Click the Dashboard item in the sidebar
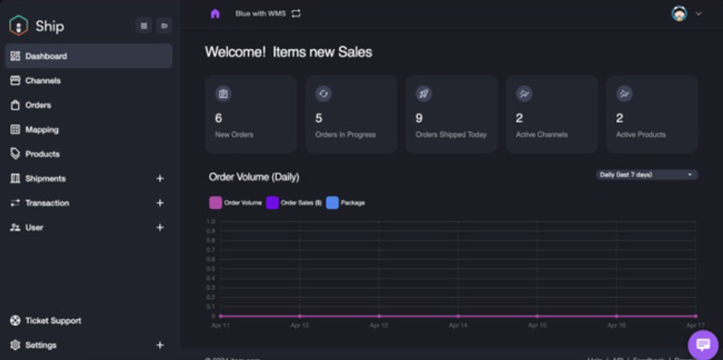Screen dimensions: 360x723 (46, 56)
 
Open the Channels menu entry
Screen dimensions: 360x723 (43, 81)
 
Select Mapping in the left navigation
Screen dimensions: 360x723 (41, 130)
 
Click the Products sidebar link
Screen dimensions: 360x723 (42, 154)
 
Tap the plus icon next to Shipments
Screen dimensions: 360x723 (160, 179)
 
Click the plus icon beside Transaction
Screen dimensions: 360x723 (160, 203)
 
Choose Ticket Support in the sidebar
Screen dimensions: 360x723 (53, 321)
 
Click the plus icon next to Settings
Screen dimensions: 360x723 (160, 346)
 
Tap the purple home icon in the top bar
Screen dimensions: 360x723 (215, 14)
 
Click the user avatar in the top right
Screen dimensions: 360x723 (679, 14)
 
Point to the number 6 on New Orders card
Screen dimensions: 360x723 (218, 118)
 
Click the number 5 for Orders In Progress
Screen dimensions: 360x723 (319, 118)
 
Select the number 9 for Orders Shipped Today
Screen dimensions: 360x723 (419, 118)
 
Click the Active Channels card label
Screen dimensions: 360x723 (542, 134)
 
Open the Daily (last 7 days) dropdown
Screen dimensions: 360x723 (646, 175)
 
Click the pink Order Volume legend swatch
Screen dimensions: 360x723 (215, 203)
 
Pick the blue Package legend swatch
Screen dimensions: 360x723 (333, 203)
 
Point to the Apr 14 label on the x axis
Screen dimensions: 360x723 (458, 326)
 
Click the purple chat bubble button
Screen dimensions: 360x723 (703, 345)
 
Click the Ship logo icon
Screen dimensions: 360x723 (18, 26)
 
